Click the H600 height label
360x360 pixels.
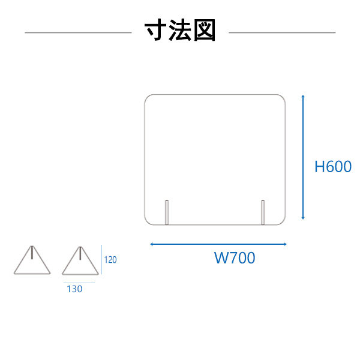click(x=333, y=166)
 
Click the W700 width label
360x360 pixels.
click(x=235, y=257)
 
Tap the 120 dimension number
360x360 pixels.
click(x=110, y=260)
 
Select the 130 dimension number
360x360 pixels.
click(x=74, y=289)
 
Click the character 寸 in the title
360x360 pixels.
click(x=155, y=30)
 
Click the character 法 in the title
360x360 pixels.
click(x=180, y=30)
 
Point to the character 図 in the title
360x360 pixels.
click(x=205, y=30)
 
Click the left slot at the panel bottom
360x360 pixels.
click(x=167, y=212)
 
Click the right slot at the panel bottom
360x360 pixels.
click(x=263, y=212)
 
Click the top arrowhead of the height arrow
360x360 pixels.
click(x=303, y=96)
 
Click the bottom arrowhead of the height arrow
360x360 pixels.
click(x=303, y=218)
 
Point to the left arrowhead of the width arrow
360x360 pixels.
click(x=152, y=244)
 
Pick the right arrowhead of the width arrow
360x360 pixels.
click(x=285, y=244)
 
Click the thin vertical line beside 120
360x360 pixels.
click(x=101, y=259)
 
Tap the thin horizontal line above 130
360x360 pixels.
click(x=79, y=283)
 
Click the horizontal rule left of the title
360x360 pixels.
click(x=78, y=32)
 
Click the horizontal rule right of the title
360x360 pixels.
click(x=282, y=32)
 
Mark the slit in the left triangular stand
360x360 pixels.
click(x=32, y=253)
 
